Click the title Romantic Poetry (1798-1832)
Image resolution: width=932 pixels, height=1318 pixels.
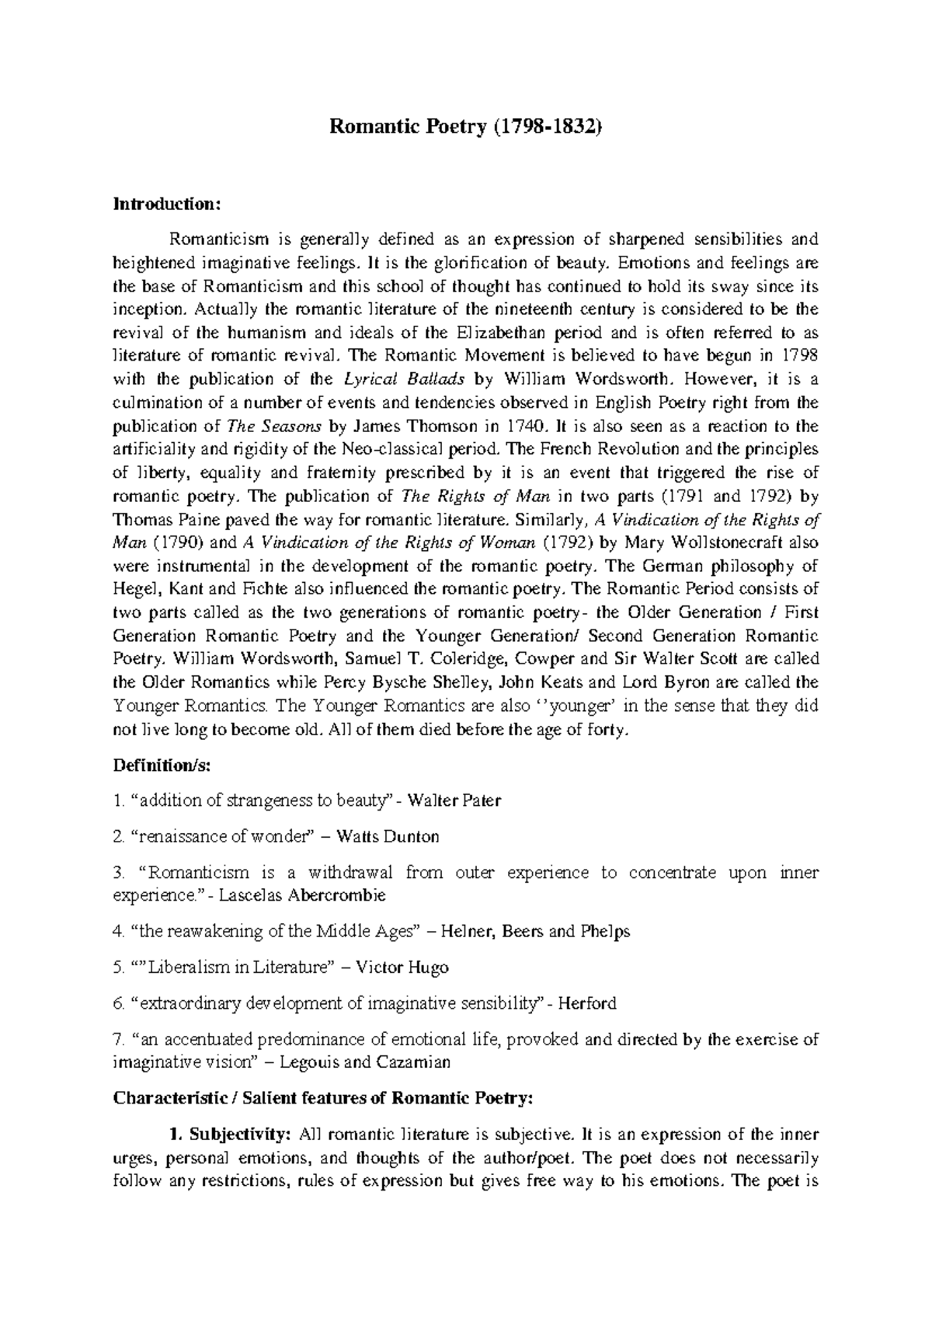(x=466, y=127)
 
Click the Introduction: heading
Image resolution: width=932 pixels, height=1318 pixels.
(x=168, y=204)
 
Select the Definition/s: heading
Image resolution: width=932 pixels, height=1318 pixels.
(x=162, y=765)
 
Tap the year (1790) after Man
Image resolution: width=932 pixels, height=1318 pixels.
(x=178, y=542)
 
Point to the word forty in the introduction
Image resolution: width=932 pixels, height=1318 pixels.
(x=603, y=729)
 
